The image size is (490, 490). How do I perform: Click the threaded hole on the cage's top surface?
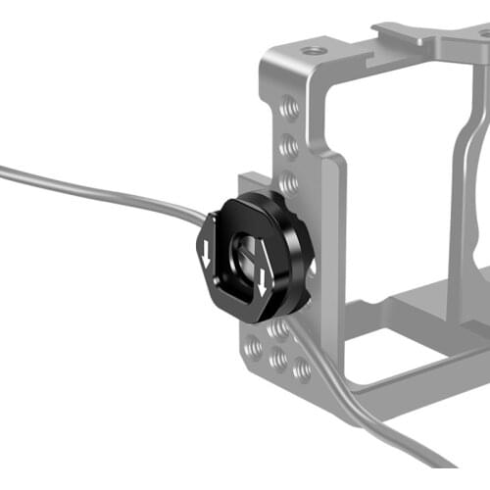[x=313, y=50]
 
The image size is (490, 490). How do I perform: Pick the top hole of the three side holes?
[x=288, y=109]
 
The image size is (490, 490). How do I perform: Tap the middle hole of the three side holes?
[x=288, y=146]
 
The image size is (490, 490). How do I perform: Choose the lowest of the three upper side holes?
[x=288, y=182]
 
